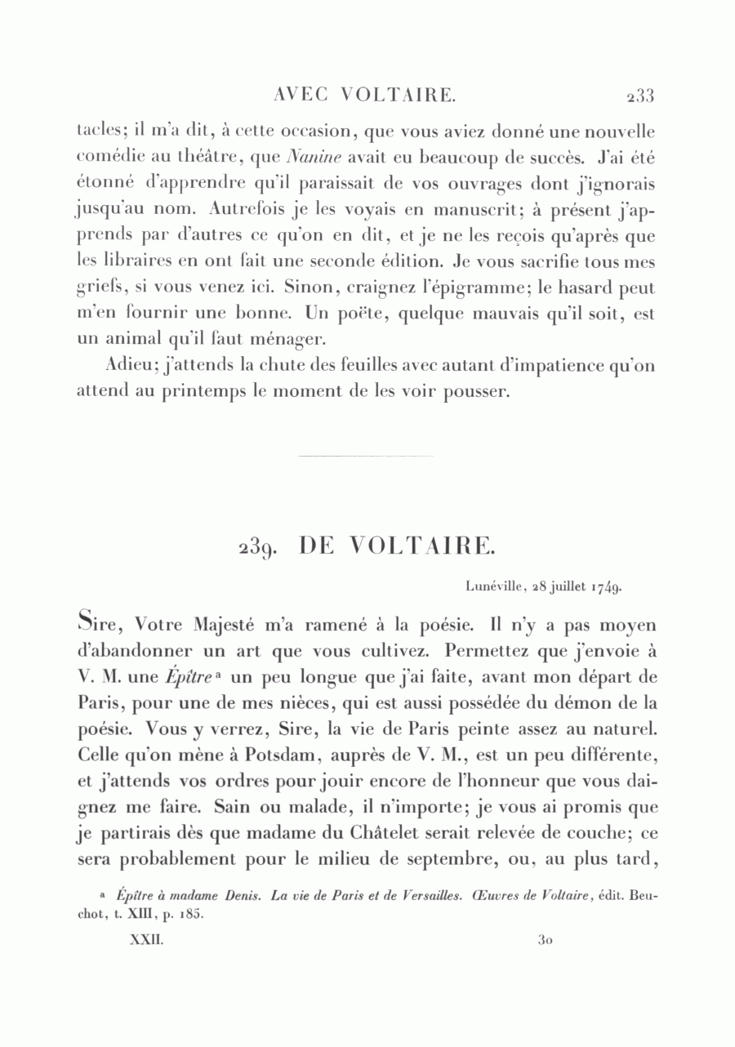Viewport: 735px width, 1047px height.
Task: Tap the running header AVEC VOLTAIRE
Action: [363, 96]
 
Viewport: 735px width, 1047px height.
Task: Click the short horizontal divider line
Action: [367, 456]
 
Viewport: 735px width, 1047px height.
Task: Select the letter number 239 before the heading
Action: [262, 546]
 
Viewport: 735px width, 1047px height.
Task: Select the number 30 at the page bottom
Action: [546, 941]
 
